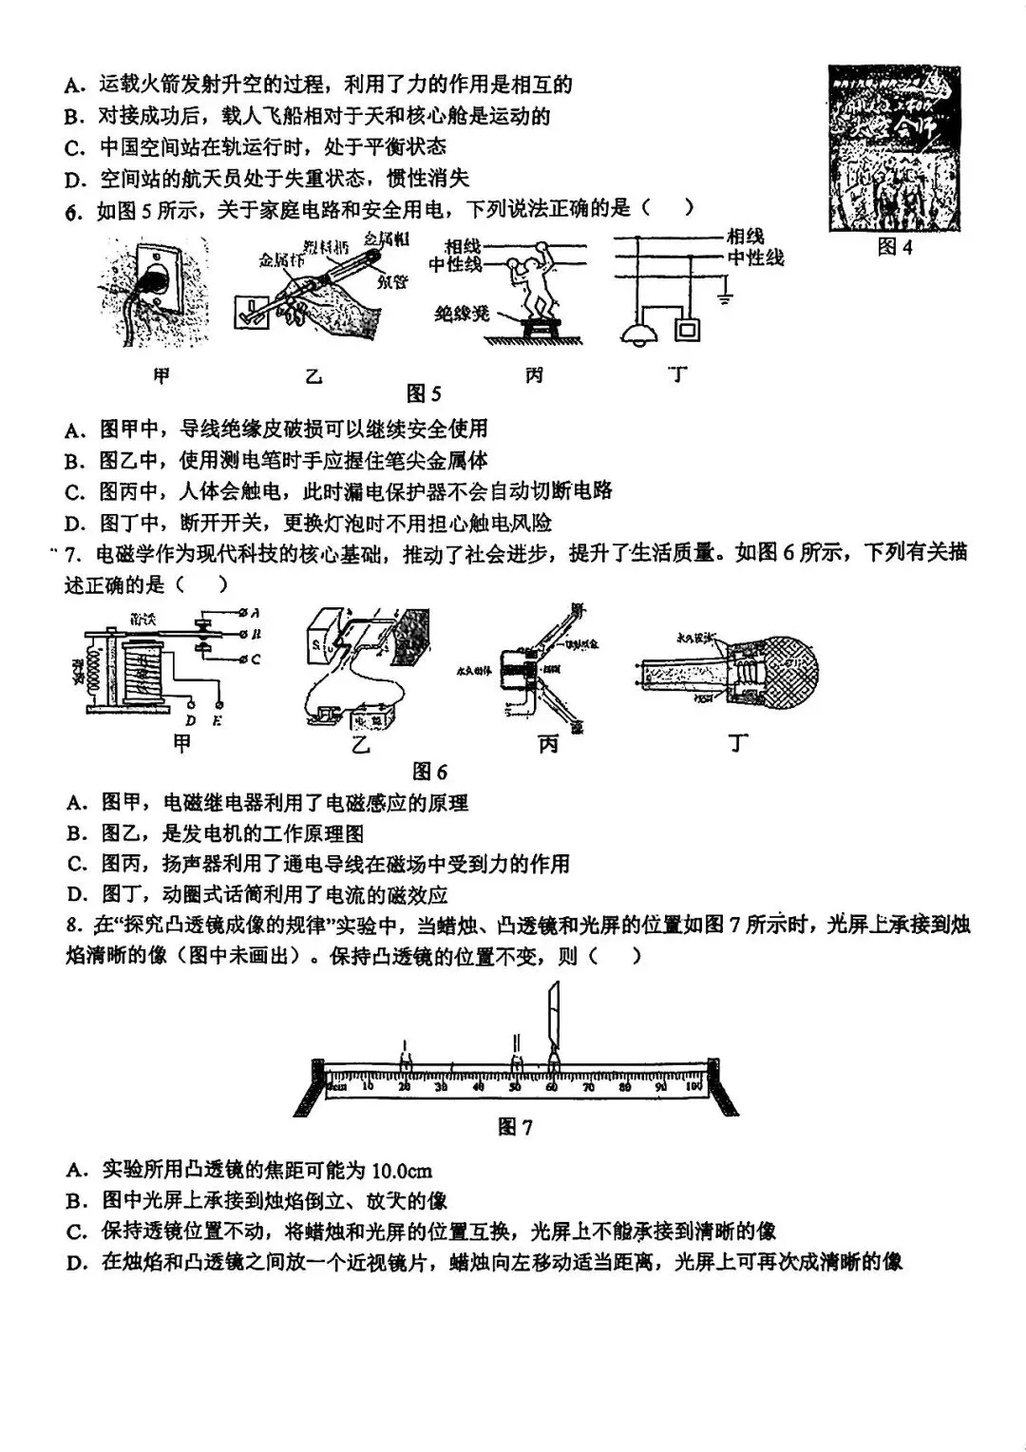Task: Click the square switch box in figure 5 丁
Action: pyautogui.click(x=686, y=329)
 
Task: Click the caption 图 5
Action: pyautogui.click(x=424, y=393)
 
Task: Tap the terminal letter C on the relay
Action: pyautogui.click(x=256, y=659)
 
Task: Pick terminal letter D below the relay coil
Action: pyautogui.click(x=191, y=719)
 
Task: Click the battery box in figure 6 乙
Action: pyautogui.click(x=371, y=718)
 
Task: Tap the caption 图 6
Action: pyautogui.click(x=429, y=771)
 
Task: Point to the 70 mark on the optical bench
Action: pyautogui.click(x=588, y=1086)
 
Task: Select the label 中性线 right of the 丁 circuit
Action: pyautogui.click(x=756, y=258)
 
